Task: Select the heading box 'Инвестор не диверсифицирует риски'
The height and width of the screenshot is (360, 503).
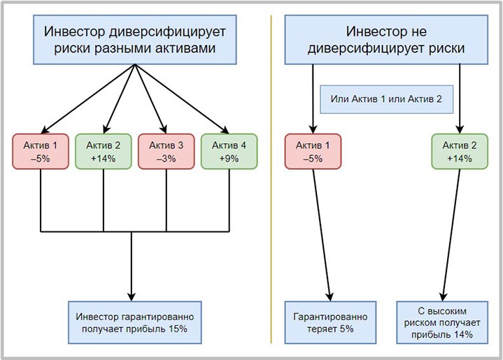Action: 384,40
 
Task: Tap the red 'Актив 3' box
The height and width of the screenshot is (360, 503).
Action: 166,151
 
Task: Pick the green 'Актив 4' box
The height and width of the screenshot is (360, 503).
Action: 229,151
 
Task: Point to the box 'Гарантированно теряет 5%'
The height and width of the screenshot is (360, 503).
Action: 330,322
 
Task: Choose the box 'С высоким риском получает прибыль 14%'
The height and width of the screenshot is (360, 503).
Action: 441,322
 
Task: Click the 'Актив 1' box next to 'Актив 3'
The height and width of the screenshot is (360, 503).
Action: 41,151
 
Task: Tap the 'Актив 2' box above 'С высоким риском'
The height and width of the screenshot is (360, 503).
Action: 460,151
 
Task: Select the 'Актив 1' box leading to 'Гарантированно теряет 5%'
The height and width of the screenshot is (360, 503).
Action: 313,151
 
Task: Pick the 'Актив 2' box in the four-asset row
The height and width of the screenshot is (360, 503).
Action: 103,151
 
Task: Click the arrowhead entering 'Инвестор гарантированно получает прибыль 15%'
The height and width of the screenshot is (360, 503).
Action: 132,295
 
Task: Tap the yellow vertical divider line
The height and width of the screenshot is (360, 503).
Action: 271,210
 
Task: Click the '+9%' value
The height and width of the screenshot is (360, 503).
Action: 229,158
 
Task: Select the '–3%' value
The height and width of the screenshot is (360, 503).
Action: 166,158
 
